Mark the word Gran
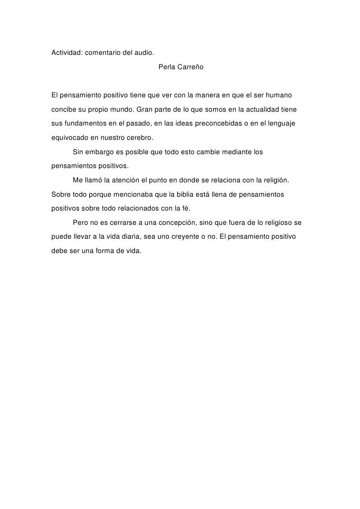[147, 109]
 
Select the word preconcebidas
[235, 123]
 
